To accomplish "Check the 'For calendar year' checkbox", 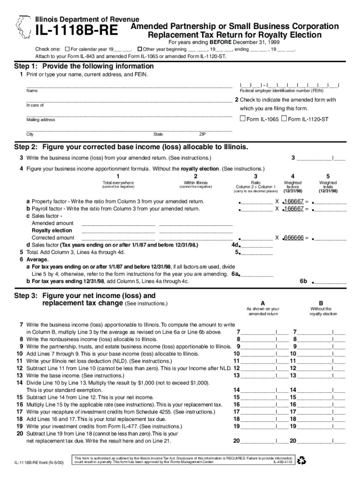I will (67, 49).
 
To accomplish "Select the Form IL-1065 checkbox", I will (242, 119).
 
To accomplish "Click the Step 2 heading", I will (130, 147).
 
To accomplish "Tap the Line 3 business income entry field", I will (321, 158).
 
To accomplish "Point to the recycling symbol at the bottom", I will (302, 460).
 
